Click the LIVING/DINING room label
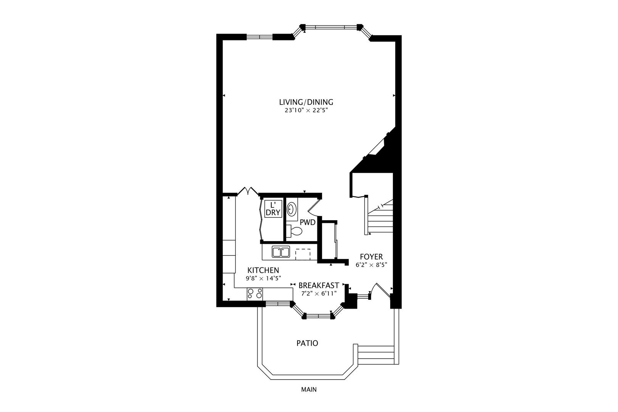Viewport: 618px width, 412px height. coord(306,102)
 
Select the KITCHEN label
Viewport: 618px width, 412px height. coord(263,270)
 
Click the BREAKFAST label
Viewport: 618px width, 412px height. coord(319,285)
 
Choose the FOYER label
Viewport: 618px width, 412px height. coord(371,257)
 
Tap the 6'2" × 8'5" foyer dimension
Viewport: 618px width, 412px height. coord(371,264)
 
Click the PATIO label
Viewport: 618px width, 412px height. coord(307,343)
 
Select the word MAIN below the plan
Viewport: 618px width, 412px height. coord(309,390)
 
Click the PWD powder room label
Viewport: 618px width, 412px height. coord(307,222)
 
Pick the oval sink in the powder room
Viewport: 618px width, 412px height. coord(292,209)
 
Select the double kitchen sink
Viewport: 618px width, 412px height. coord(281,252)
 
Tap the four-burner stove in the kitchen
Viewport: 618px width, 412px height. coord(255,293)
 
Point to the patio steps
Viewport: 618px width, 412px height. coord(376,355)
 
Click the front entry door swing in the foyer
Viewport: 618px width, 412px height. coord(380,291)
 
